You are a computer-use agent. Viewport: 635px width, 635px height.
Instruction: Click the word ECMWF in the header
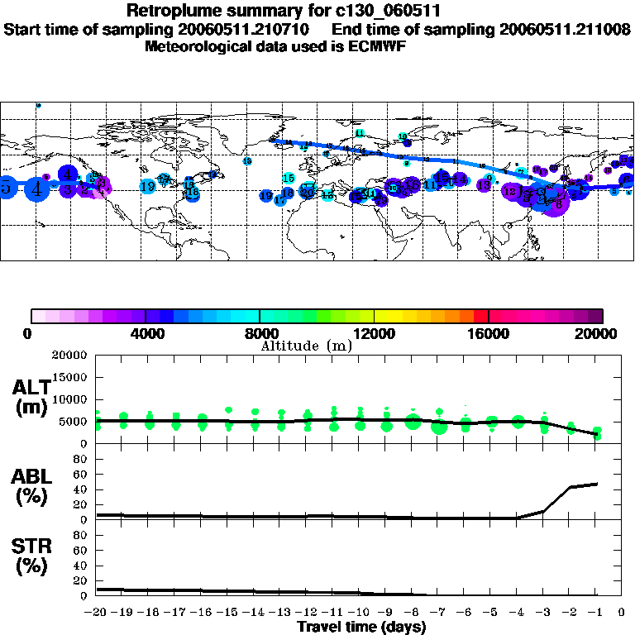tap(380, 46)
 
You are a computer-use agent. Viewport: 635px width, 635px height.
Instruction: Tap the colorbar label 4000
tap(146, 334)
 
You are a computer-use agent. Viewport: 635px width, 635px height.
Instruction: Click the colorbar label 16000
tap(489, 334)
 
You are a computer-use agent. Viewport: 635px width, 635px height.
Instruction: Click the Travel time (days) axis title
tap(361, 628)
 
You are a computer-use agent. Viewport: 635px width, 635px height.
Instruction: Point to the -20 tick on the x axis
tap(97, 613)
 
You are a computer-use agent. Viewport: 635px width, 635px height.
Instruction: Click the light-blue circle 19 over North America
tap(148, 187)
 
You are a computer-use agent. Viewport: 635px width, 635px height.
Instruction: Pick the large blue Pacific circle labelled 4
tap(36, 189)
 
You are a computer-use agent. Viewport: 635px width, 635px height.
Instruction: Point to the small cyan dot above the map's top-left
tap(38, 105)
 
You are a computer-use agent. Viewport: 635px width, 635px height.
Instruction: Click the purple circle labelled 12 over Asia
tap(511, 192)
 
